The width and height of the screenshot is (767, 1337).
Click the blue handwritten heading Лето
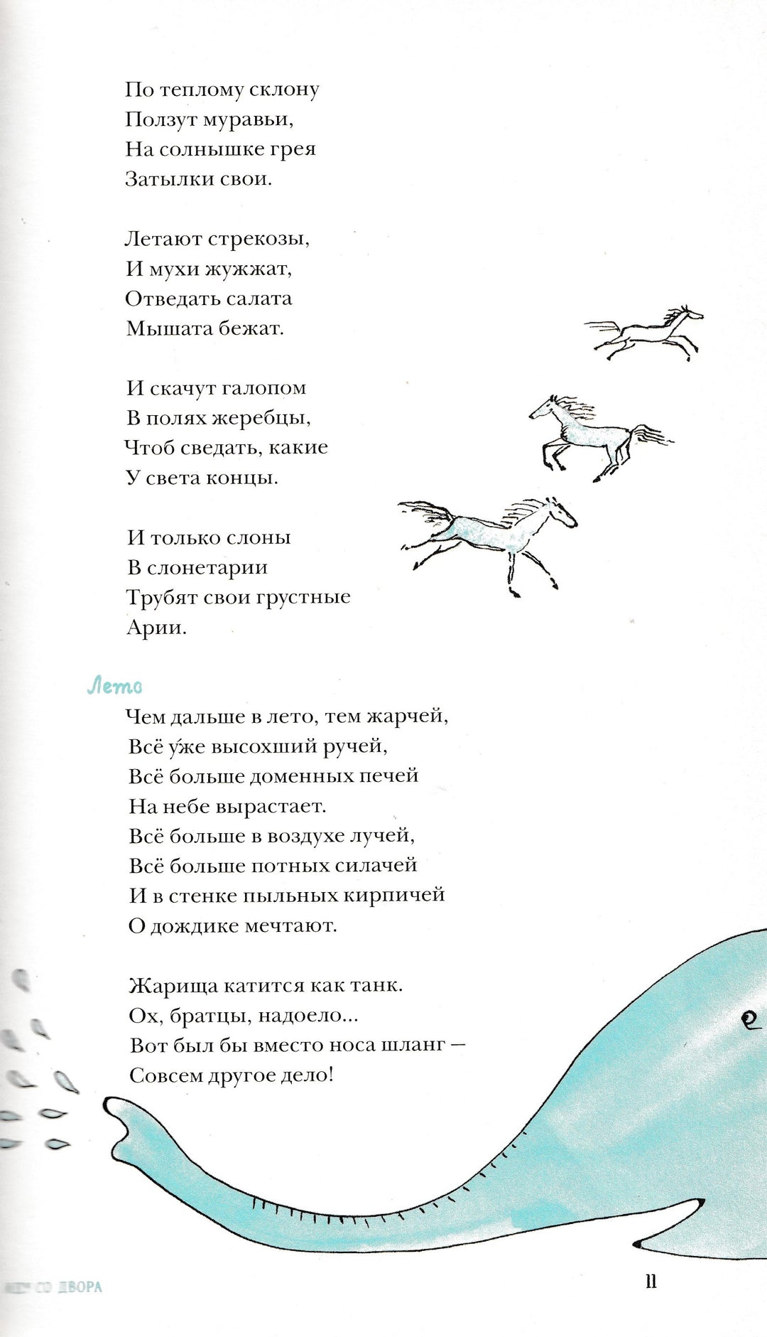114,686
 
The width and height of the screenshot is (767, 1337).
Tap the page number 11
651,1280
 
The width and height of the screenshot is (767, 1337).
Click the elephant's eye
749,1021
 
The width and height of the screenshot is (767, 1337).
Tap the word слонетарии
207,567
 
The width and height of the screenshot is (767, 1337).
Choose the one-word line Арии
156,627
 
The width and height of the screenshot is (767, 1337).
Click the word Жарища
173,986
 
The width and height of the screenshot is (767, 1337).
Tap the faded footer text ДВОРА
80,1287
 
